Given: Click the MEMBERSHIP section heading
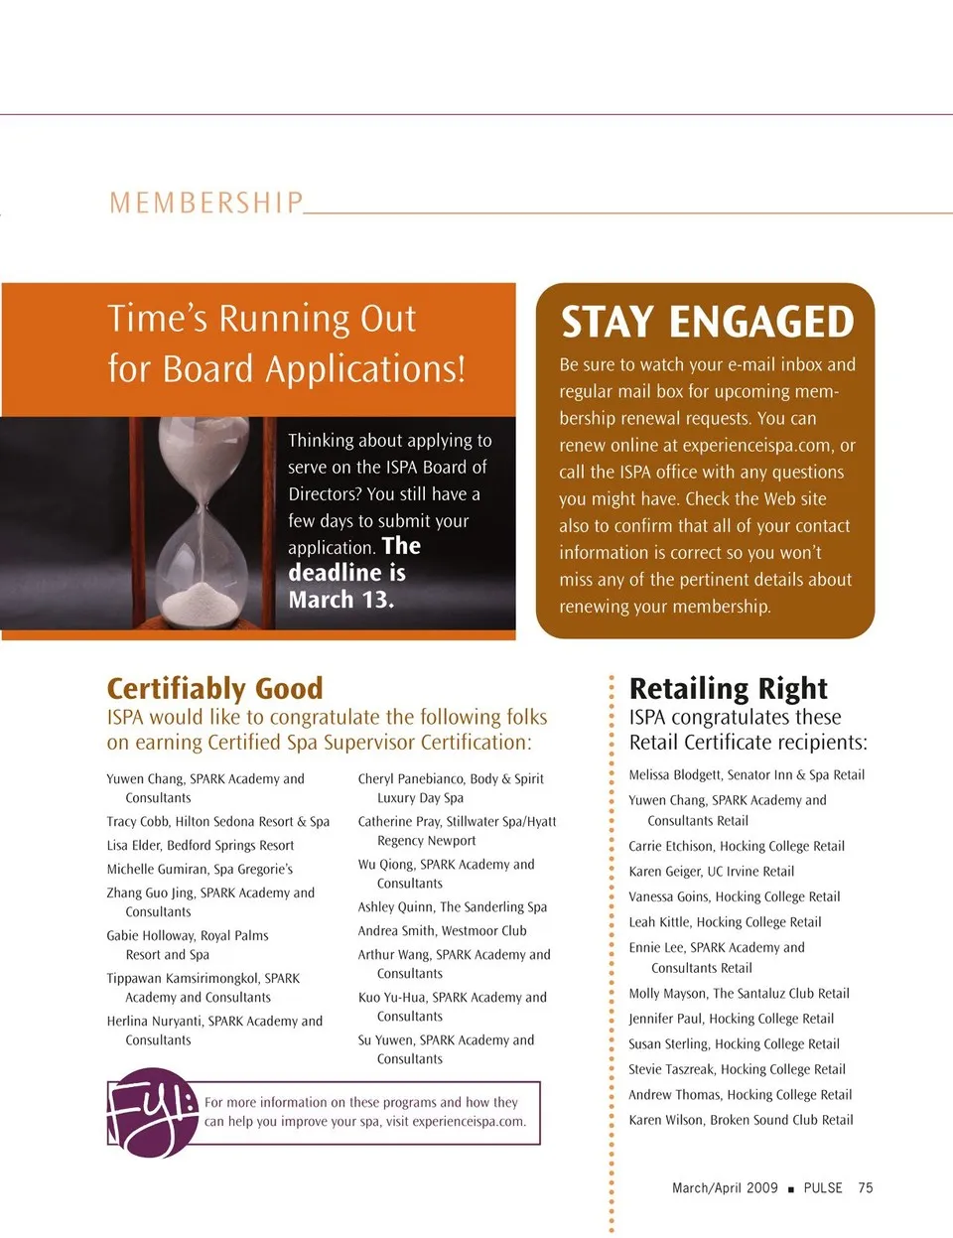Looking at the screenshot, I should click(x=205, y=203).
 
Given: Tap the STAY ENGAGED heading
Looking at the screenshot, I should click(x=707, y=323).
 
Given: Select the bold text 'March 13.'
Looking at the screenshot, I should click(x=340, y=600).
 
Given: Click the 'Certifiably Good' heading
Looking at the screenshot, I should click(x=214, y=688).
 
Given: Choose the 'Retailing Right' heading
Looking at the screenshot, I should click(x=728, y=688).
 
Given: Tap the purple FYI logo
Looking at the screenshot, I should click(x=152, y=1112).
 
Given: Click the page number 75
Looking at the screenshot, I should click(x=866, y=1187).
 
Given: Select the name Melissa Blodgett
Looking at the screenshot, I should click(x=675, y=774).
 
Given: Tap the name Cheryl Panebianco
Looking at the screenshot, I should click(x=410, y=778).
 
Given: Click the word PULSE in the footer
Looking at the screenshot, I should click(x=823, y=1187).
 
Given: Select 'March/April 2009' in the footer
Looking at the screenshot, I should click(x=725, y=1187).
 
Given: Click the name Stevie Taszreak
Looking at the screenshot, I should click(x=670, y=1069).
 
